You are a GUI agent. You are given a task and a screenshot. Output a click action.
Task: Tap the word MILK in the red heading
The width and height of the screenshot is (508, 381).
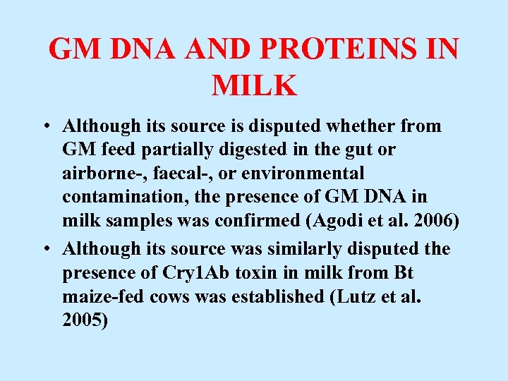pyautogui.click(x=254, y=85)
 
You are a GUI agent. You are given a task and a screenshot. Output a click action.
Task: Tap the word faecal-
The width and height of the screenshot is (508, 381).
pyautogui.click(x=179, y=174)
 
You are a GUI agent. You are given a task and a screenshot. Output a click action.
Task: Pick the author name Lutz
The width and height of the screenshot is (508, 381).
pyautogui.click(x=353, y=296)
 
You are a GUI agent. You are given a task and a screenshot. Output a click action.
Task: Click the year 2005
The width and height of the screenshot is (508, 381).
pyautogui.click(x=83, y=321)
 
